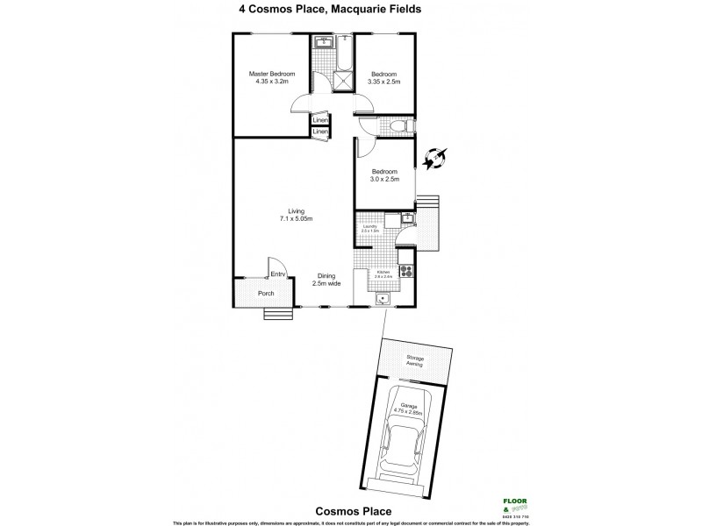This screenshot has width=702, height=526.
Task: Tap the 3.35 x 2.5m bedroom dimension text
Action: pyautogui.click(x=385, y=82)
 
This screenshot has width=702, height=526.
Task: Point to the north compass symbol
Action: pyautogui.click(x=433, y=159)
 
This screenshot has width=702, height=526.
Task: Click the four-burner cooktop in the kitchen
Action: pyautogui.click(x=405, y=271)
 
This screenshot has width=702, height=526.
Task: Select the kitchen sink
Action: pyautogui.click(x=382, y=299)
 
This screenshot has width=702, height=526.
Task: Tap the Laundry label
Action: pyautogui.click(x=370, y=227)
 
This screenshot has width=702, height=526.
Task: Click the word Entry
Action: pyautogui.click(x=279, y=275)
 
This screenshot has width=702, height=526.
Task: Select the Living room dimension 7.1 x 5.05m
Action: pyautogui.click(x=295, y=218)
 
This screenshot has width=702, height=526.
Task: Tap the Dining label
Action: pyautogui.click(x=327, y=275)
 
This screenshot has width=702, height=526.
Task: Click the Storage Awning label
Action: pyautogui.click(x=414, y=360)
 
